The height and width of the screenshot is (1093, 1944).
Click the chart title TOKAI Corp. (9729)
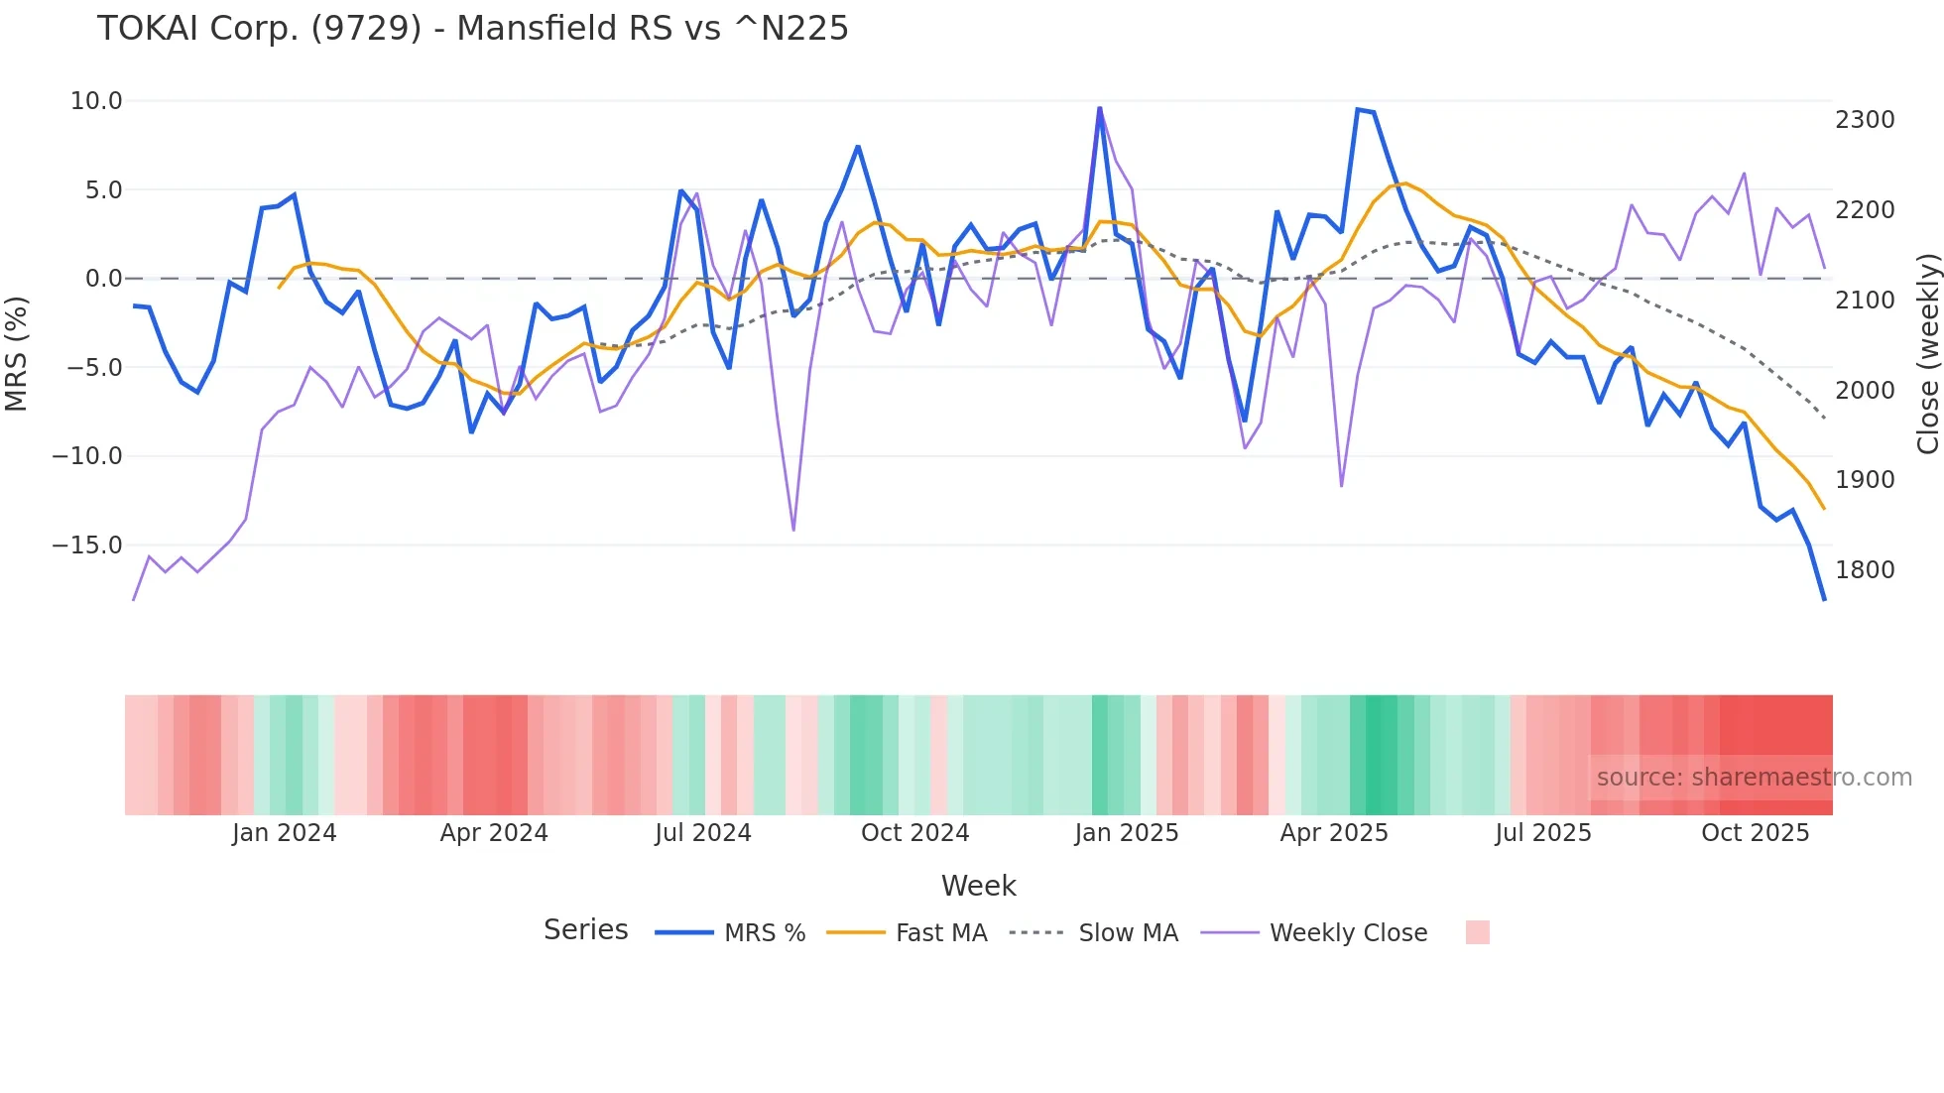click(x=472, y=29)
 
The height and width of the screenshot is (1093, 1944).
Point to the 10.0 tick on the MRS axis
click(x=96, y=101)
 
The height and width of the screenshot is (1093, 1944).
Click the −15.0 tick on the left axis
click(x=87, y=546)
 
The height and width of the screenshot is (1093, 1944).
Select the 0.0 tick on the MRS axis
click(x=103, y=279)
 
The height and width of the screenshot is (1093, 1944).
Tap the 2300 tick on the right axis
click(x=1865, y=120)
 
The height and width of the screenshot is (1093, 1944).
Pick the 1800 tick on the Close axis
click(x=1865, y=570)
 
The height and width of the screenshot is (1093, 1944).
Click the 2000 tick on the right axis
click(x=1865, y=391)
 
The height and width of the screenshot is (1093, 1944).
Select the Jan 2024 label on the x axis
click(x=285, y=833)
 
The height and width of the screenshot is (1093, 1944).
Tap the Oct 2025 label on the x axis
click(x=1755, y=833)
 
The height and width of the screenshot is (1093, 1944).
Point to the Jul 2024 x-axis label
click(x=703, y=833)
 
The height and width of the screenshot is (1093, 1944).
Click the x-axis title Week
click(x=978, y=886)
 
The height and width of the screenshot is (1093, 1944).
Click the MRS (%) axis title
click(x=17, y=354)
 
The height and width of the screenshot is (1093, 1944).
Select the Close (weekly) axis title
click(x=1927, y=354)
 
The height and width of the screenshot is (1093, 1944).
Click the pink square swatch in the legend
click(x=1477, y=932)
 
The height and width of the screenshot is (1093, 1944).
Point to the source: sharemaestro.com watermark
click(x=1754, y=778)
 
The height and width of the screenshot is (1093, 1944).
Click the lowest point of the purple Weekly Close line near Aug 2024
click(x=793, y=530)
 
